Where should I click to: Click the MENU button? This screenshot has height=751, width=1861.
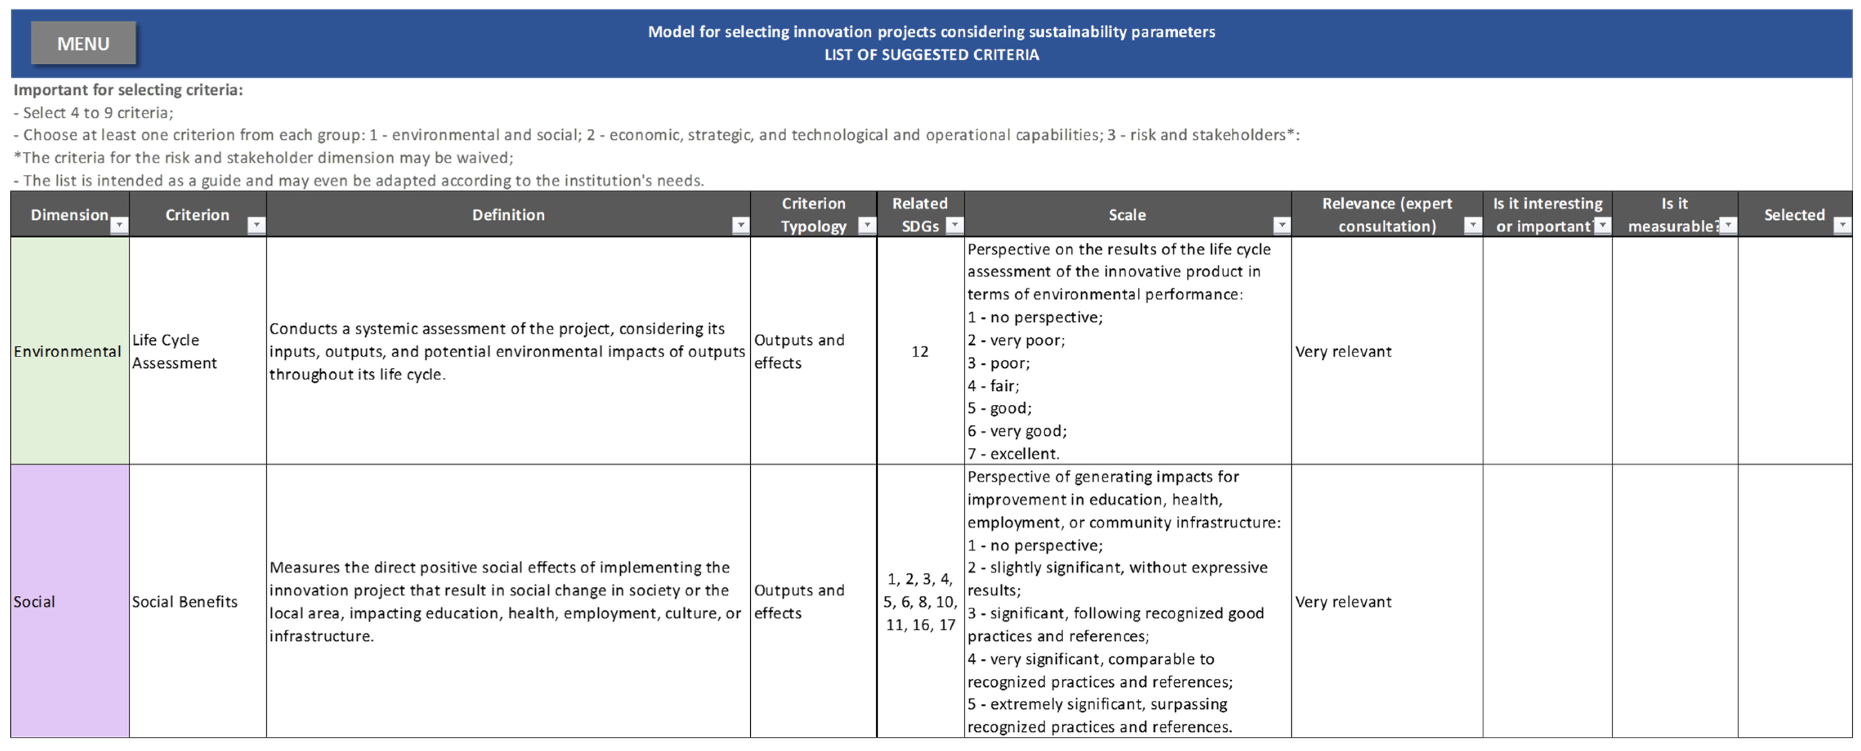(x=83, y=43)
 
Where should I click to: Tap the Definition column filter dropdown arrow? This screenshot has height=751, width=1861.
(x=740, y=226)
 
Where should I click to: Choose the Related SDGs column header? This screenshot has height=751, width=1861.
(x=919, y=214)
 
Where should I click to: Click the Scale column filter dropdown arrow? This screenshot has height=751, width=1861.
(x=1282, y=226)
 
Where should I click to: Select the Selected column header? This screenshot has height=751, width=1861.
(x=1794, y=214)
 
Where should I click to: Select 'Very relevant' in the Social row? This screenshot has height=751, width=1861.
(x=1343, y=602)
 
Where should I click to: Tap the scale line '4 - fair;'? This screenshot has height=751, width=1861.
(x=993, y=386)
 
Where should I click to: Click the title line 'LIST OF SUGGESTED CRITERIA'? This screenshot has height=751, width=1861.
(x=931, y=55)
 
